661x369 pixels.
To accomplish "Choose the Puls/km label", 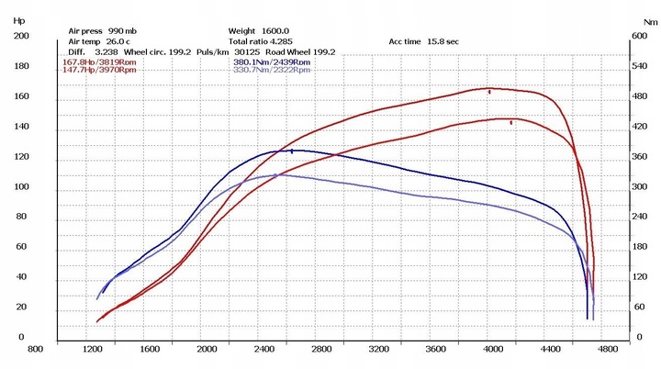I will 208,52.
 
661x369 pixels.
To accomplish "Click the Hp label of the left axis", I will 19,17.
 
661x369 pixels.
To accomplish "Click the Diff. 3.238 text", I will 89,52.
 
